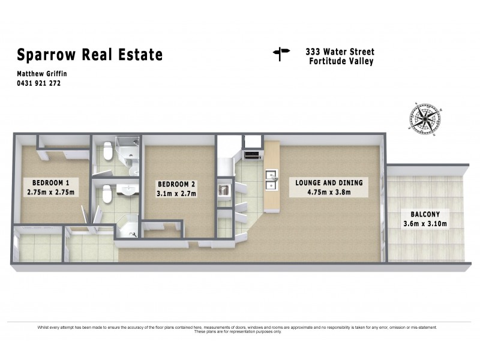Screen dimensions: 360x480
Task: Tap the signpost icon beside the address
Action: click(x=281, y=55)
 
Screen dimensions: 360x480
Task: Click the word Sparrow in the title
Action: click(x=46, y=55)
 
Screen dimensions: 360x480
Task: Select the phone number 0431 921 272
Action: click(x=39, y=83)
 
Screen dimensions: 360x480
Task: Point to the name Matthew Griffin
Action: click(x=41, y=74)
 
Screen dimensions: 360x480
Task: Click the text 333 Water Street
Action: click(x=338, y=52)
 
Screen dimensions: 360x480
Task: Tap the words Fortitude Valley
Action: click(x=341, y=61)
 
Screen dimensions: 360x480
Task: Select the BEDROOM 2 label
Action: click(x=176, y=184)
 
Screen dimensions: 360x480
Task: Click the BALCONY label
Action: click(x=425, y=214)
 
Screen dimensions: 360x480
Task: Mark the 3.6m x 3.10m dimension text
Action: click(x=425, y=224)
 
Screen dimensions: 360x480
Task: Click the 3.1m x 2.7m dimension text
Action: click(x=176, y=194)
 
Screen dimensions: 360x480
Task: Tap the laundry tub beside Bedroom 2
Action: click(x=224, y=190)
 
